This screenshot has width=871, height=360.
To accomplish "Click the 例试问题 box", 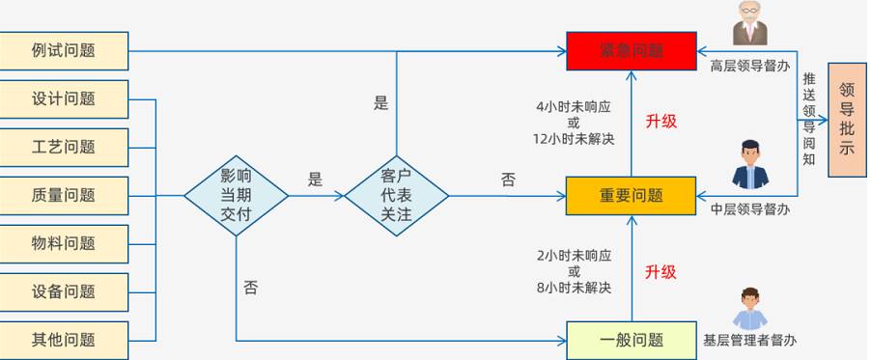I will pyautogui.click(x=64, y=50).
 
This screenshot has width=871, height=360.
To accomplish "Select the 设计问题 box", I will pyautogui.click(x=64, y=98).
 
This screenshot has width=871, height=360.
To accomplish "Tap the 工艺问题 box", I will pyautogui.click(x=64, y=147).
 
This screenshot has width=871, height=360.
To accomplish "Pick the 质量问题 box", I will pyautogui.click(x=64, y=195).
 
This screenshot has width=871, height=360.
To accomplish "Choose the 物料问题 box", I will pyautogui.click(x=64, y=243).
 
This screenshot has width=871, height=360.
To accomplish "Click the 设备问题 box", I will pyautogui.click(x=64, y=291).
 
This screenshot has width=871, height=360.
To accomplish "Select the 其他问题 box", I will pyautogui.click(x=64, y=339).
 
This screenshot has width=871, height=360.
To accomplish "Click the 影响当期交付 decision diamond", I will pyautogui.click(x=236, y=195).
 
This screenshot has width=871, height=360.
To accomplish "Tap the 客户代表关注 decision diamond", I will pyautogui.click(x=397, y=195).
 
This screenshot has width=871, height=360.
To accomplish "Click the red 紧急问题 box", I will pyautogui.click(x=631, y=50).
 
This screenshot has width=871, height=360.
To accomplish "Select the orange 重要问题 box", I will pyautogui.click(x=631, y=195).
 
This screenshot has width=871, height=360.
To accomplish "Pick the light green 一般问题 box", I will pyautogui.click(x=631, y=339).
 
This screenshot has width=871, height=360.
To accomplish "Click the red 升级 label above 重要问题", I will pyautogui.click(x=660, y=122).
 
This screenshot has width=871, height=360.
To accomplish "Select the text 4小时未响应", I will pyautogui.click(x=573, y=107).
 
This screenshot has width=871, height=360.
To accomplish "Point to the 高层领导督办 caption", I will pyautogui.click(x=749, y=67).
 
